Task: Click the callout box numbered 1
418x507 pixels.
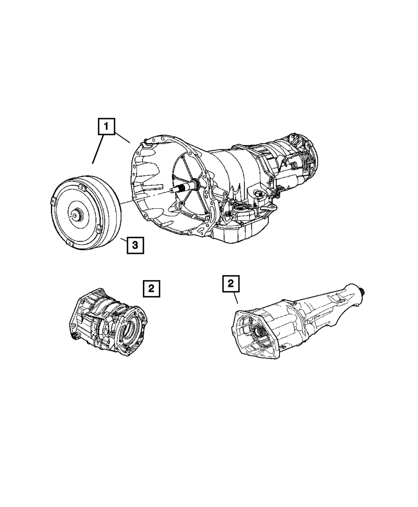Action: click(106, 126)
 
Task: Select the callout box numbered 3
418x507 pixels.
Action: click(135, 246)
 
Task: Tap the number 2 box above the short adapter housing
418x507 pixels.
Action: click(151, 289)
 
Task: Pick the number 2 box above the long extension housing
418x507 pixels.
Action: click(231, 284)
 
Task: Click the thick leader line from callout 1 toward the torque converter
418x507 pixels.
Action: click(98, 149)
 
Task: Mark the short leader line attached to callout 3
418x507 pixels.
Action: click(123, 240)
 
